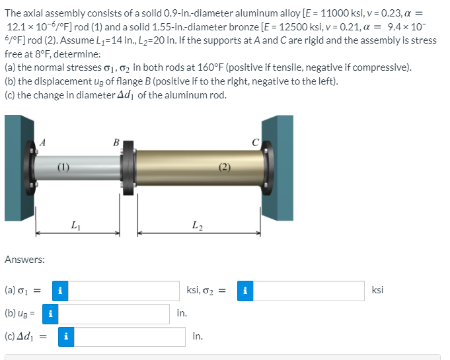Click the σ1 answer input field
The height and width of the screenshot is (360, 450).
(x=124, y=291)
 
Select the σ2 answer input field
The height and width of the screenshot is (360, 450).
(x=309, y=291)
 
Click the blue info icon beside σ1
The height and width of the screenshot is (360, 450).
(x=60, y=291)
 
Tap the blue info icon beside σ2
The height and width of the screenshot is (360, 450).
(x=245, y=291)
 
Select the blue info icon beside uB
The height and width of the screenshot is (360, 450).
(x=50, y=314)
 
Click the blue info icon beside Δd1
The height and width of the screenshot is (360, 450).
(x=65, y=337)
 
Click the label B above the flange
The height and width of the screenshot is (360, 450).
(x=116, y=141)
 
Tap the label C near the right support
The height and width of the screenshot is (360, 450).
(x=256, y=140)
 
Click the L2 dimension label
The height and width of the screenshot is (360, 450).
(x=196, y=227)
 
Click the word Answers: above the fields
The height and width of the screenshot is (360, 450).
(x=24, y=260)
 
